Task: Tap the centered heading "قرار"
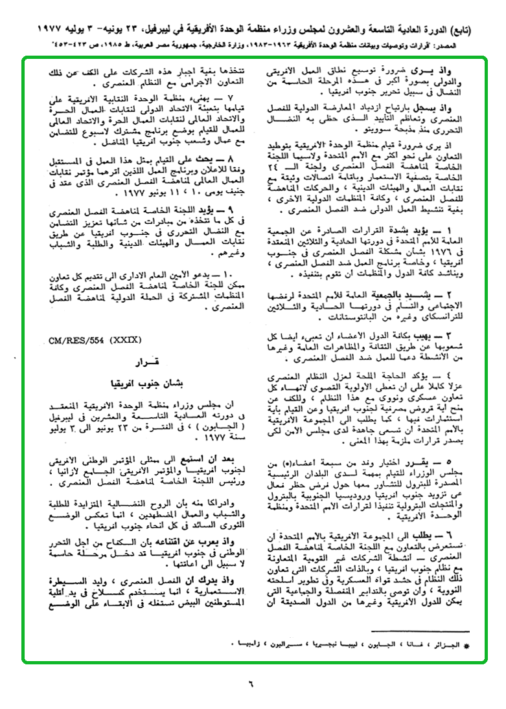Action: [x=143, y=360]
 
